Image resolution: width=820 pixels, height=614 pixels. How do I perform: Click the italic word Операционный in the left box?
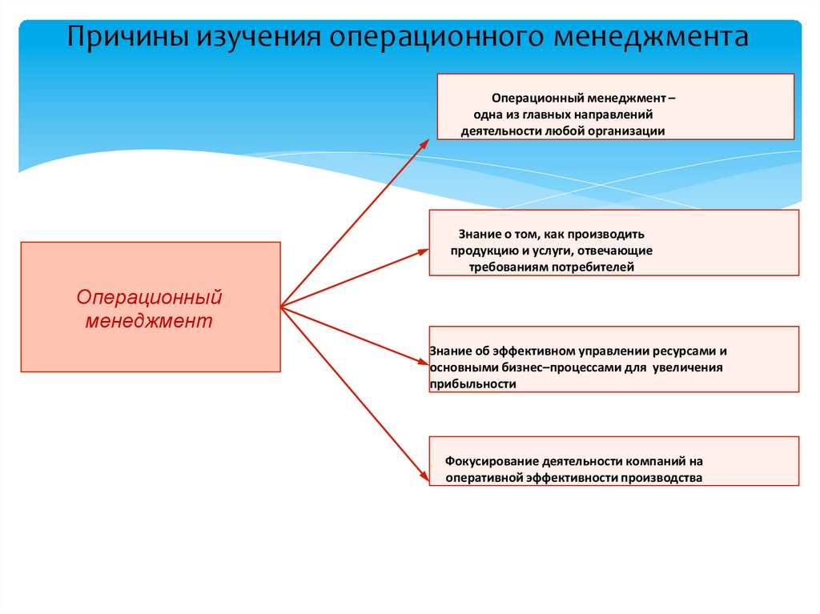coord(149,298)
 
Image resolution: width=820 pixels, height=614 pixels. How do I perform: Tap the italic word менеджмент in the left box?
coord(150,321)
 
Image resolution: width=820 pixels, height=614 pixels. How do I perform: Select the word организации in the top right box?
coord(624,130)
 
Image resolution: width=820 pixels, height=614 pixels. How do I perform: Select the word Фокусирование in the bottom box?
coord(488,462)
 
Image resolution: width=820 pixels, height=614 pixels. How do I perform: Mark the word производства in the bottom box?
coord(664,478)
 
